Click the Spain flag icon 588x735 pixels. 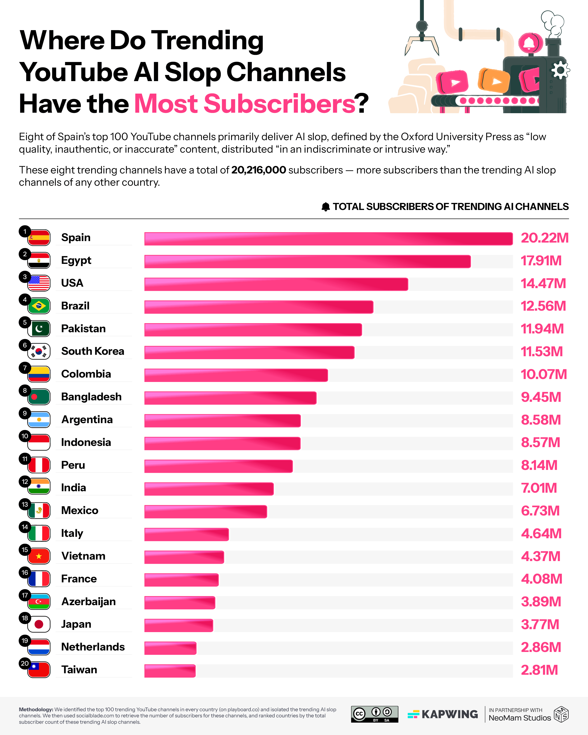(39, 238)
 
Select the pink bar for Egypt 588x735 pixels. (307, 261)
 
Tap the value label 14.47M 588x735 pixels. (543, 283)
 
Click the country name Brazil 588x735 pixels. (75, 306)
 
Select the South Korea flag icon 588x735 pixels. (39, 352)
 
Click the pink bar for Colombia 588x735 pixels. (236, 375)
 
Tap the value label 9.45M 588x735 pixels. (541, 397)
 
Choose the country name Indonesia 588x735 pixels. (86, 442)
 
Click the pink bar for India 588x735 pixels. (208, 489)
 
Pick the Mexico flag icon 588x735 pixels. (39, 511)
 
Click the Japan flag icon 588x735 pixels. (39, 624)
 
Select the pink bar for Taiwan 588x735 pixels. (170, 671)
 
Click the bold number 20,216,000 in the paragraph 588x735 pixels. (258, 170)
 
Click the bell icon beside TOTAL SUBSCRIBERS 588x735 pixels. (326, 207)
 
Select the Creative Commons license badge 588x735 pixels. (374, 714)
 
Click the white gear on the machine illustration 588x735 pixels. (560, 71)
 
